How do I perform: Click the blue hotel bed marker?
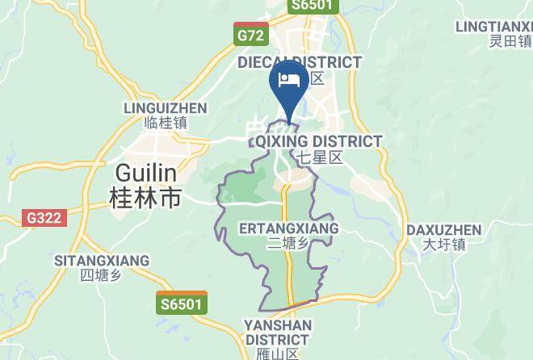[x=288, y=80]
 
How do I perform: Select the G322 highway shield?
[x=42, y=218]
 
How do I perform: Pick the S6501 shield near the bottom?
[x=182, y=303]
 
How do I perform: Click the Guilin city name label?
[x=146, y=173]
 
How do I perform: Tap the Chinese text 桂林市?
[x=146, y=198]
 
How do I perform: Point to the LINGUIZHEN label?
[x=165, y=107]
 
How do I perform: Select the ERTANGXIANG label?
[x=289, y=229]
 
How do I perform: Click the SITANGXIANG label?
[x=102, y=260]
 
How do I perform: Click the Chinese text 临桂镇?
[x=165, y=123]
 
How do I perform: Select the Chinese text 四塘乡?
[x=101, y=276]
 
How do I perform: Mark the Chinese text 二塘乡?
[x=288, y=245]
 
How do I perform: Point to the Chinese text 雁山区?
[x=277, y=354]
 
